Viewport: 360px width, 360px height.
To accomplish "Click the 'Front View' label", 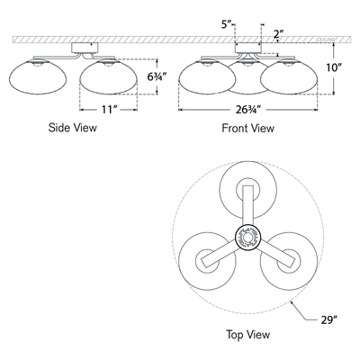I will click(x=247, y=129).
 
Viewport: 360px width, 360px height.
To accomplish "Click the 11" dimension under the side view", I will click(x=110, y=111).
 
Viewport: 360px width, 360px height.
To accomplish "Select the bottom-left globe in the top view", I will click(x=202, y=262).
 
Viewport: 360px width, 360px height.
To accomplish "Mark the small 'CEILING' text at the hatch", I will click(x=327, y=40).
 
